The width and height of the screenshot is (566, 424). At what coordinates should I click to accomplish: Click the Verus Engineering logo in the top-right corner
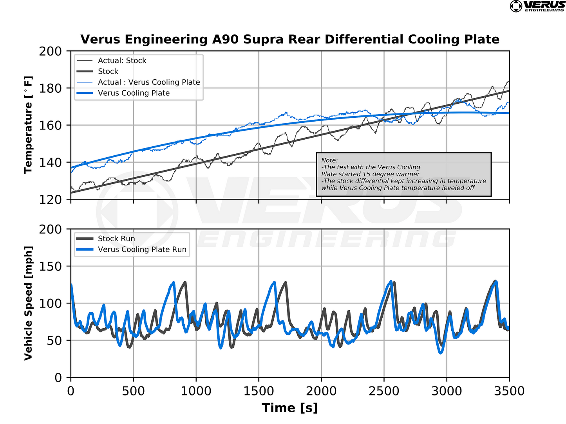537,6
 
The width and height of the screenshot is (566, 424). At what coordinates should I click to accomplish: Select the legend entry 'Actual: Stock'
122,61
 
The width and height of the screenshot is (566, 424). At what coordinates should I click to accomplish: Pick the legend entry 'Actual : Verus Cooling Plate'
149,82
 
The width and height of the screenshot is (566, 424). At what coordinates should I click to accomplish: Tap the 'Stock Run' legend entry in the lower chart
116,239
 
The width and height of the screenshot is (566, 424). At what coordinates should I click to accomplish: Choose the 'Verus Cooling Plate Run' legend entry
142,250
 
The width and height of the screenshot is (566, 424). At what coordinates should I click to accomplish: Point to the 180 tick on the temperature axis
50,88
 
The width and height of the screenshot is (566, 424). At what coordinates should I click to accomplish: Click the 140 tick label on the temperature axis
50,162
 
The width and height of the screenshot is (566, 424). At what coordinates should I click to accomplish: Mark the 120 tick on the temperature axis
50,199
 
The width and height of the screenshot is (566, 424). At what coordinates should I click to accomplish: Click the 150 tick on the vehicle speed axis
50,266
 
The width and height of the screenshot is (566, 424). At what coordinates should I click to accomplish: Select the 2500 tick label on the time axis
384,391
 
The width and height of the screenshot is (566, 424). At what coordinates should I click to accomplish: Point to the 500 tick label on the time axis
133,391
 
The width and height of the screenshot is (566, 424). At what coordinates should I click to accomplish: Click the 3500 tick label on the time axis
509,391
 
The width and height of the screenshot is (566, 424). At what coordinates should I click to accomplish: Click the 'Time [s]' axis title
290,408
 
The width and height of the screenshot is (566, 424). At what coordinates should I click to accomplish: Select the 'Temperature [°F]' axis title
28,125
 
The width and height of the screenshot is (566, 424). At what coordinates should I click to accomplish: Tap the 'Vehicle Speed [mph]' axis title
28,303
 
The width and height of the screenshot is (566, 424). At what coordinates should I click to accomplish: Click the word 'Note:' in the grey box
329,160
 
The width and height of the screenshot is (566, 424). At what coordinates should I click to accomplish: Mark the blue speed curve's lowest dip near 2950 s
441,353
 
